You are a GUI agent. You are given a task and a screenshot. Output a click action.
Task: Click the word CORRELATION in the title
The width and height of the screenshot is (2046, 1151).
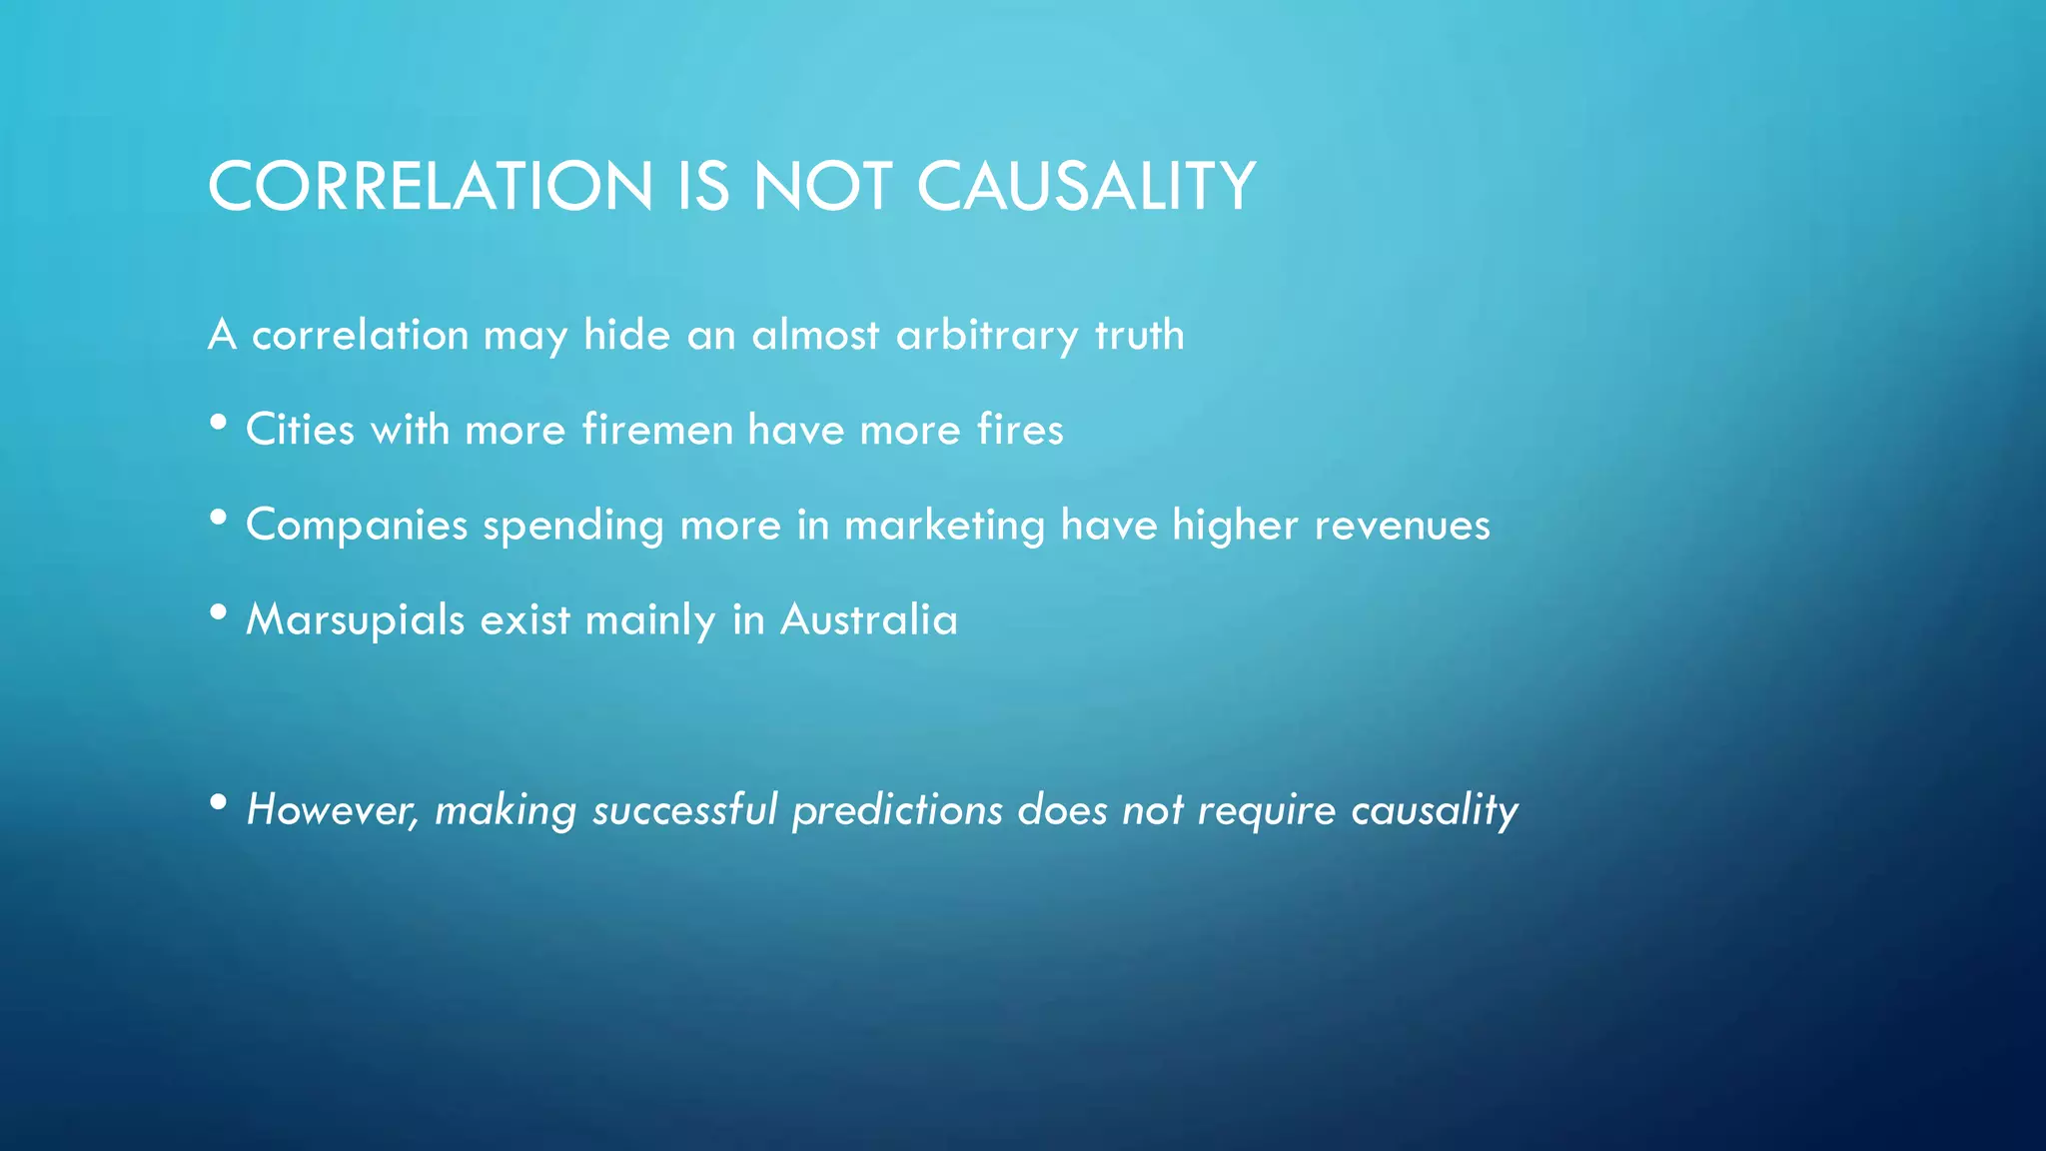pyautogui.click(x=431, y=187)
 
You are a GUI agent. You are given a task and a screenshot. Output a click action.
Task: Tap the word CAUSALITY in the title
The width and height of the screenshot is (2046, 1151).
pyautogui.click(x=1086, y=187)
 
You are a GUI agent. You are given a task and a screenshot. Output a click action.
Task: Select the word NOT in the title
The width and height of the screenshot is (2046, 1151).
pyautogui.click(x=822, y=187)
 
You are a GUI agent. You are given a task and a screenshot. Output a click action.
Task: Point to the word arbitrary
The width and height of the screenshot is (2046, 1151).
pyautogui.click(x=987, y=335)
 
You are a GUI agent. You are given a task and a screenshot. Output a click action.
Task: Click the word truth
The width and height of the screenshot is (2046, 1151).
pyautogui.click(x=1139, y=335)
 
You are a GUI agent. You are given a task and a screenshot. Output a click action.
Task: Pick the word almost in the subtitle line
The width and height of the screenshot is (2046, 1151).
pyautogui.click(x=815, y=335)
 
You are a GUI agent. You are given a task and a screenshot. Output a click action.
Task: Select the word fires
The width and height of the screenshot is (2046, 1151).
pyautogui.click(x=1020, y=430)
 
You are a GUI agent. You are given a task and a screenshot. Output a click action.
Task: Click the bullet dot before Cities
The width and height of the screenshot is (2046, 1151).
pyautogui.click(x=219, y=424)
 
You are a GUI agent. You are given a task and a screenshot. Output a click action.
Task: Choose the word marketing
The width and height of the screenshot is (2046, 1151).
pyautogui.click(x=944, y=526)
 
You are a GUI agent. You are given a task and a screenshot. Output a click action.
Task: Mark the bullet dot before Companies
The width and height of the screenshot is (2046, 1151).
pyautogui.click(x=219, y=519)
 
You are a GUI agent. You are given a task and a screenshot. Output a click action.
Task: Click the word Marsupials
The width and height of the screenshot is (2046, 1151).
pyautogui.click(x=355, y=620)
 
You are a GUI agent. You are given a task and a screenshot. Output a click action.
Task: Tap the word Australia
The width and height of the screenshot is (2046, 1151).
pyautogui.click(x=869, y=620)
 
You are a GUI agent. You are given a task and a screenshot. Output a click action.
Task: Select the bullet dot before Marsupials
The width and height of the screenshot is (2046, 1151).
pyautogui.click(x=219, y=613)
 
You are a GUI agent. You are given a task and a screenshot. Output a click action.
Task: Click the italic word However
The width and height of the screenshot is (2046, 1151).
pyautogui.click(x=333, y=810)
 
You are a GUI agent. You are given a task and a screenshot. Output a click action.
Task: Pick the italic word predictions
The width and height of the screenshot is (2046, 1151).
pyautogui.click(x=896, y=810)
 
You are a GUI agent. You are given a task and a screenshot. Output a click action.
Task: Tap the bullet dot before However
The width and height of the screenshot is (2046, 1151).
pyautogui.click(x=219, y=803)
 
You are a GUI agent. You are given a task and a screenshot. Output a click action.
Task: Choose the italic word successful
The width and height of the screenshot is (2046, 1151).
pyautogui.click(x=684, y=810)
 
